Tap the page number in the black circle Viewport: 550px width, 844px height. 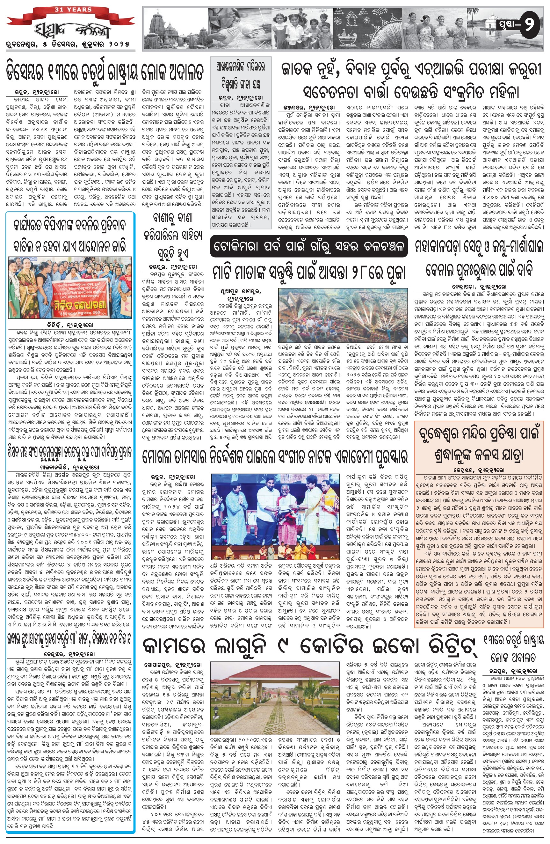click(528, 25)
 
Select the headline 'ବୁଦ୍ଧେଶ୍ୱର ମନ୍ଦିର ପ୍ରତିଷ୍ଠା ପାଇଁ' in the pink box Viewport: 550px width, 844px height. click(479, 434)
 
